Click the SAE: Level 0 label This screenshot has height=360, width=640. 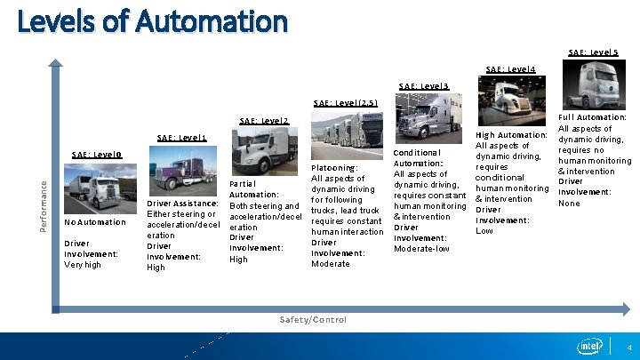[x=96, y=154]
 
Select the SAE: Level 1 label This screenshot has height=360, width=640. [x=181, y=138]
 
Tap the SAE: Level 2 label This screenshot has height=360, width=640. [x=264, y=120]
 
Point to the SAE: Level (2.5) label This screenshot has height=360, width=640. [x=346, y=103]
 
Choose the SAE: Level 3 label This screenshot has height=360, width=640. [x=424, y=86]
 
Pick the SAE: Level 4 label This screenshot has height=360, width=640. [x=510, y=69]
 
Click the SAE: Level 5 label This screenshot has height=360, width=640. [x=593, y=52]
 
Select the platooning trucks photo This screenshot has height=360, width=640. [x=347, y=134]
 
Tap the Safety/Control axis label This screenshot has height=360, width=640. [x=313, y=320]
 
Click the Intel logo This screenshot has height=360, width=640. [x=588, y=346]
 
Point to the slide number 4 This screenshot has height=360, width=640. [x=628, y=346]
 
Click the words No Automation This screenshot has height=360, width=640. [x=95, y=222]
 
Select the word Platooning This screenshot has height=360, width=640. [x=334, y=168]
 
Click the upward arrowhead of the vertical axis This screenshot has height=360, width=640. [x=56, y=64]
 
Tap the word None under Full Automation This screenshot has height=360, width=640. [x=569, y=204]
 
